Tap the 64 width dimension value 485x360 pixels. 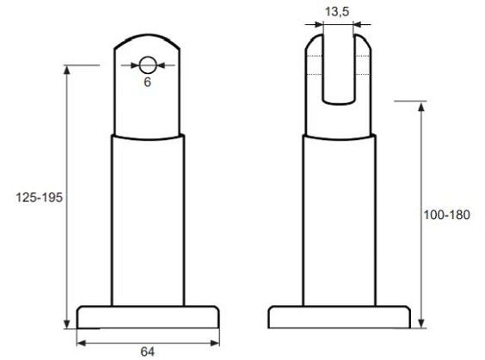147,350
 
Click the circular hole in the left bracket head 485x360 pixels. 148,64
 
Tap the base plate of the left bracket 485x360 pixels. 147,317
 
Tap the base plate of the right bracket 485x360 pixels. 339,317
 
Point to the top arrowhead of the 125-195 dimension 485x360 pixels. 67,70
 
